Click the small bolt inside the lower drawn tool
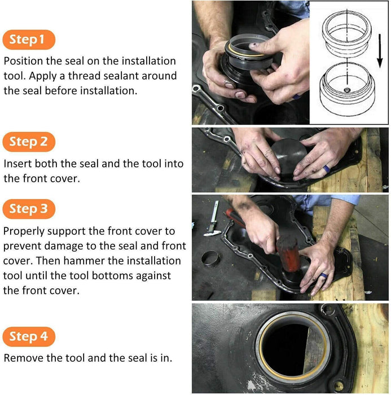[x=348, y=89]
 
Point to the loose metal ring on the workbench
[x=211, y=260]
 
